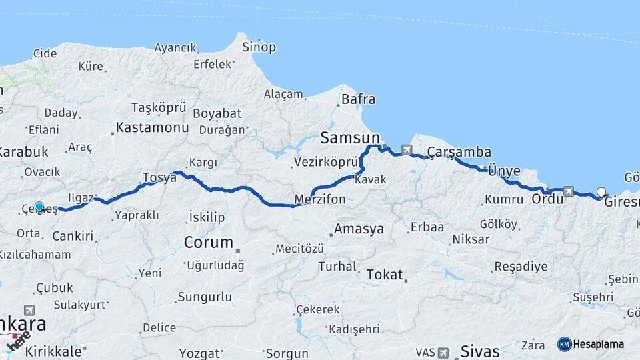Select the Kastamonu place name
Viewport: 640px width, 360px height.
(152, 127)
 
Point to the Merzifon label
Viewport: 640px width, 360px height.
(320, 199)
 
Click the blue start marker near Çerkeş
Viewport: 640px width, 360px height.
(39, 207)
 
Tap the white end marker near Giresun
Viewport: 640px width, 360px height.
(601, 192)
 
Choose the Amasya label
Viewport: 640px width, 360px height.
(359, 229)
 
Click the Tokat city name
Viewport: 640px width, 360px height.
(385, 274)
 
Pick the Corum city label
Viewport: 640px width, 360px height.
(209, 242)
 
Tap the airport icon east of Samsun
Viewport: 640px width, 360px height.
(407, 149)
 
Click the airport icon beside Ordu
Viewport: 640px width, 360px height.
(568, 191)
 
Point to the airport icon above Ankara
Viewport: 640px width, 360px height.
(29, 310)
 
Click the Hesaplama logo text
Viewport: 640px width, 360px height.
(599, 344)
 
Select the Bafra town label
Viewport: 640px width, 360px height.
(358, 100)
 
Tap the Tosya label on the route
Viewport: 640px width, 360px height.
(159, 178)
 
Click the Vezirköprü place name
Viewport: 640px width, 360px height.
(324, 162)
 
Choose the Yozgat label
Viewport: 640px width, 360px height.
(201, 353)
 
